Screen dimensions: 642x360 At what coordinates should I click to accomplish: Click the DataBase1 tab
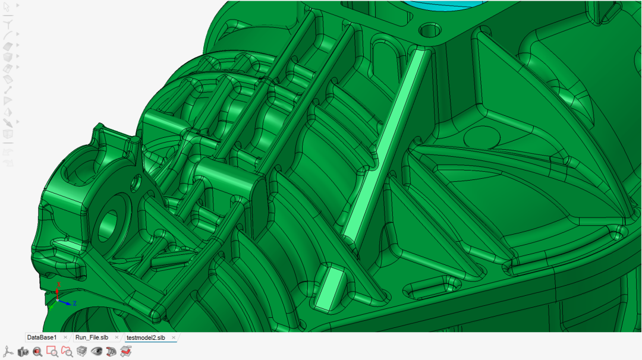coord(42,337)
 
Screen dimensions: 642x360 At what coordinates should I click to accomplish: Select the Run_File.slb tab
coord(92,337)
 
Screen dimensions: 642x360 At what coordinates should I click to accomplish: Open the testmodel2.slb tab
coord(146,337)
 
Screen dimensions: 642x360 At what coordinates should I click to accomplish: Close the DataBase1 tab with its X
coord(65,337)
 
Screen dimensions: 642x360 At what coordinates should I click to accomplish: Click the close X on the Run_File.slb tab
coord(117,337)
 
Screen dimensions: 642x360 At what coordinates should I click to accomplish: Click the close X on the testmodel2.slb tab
coord(174,337)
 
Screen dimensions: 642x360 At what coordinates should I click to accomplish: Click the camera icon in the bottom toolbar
coord(23,352)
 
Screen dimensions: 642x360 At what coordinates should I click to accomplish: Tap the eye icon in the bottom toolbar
coord(97,352)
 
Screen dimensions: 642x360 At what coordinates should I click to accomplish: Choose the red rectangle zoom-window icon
coord(52,352)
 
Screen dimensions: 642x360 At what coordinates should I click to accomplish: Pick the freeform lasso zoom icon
coord(67,352)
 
